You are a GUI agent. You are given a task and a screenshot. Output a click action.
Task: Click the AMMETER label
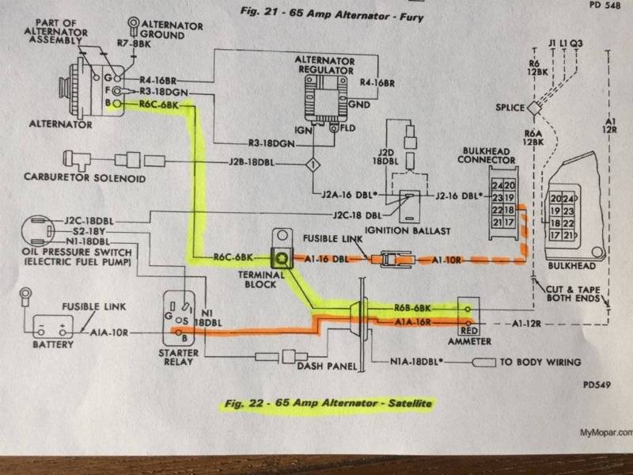click(x=469, y=341)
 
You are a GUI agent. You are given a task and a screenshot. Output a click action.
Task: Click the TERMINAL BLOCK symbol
click(x=281, y=257)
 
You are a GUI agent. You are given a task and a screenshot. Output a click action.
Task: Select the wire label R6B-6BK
click(x=411, y=308)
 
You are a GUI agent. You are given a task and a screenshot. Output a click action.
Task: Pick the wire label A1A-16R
click(x=411, y=323)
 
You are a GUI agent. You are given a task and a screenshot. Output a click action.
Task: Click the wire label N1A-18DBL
click(x=416, y=363)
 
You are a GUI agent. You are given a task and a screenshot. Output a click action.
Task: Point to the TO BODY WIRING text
click(x=541, y=363)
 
